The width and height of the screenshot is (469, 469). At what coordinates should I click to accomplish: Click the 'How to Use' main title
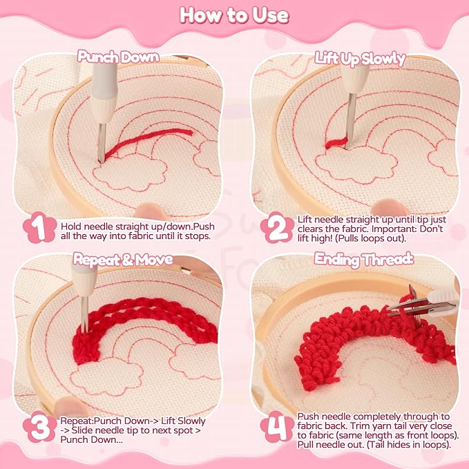click(234, 16)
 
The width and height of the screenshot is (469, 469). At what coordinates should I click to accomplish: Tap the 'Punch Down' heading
click(118, 57)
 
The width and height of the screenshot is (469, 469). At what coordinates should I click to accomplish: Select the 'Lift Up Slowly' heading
click(360, 59)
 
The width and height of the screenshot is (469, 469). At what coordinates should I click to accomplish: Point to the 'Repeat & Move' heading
click(123, 259)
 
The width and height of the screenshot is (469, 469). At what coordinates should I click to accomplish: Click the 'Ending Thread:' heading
click(364, 259)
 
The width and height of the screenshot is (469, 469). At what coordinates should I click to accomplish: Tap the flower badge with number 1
click(39, 227)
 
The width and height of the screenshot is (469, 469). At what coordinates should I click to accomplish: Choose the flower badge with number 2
click(277, 227)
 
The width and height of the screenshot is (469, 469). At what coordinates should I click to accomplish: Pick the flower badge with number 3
click(39, 427)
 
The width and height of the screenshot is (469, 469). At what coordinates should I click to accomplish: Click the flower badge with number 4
click(277, 427)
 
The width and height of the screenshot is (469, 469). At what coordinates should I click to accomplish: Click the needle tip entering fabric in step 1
click(101, 161)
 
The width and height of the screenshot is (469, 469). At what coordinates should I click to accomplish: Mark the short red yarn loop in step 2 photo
click(336, 143)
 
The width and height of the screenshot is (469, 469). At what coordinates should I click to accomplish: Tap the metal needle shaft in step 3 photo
click(85, 315)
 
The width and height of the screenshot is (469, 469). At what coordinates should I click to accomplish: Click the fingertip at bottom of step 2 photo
click(390, 207)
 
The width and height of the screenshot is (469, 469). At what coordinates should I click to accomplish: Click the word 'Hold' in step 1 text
click(71, 227)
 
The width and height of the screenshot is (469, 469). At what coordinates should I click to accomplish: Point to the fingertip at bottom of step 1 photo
click(151, 211)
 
